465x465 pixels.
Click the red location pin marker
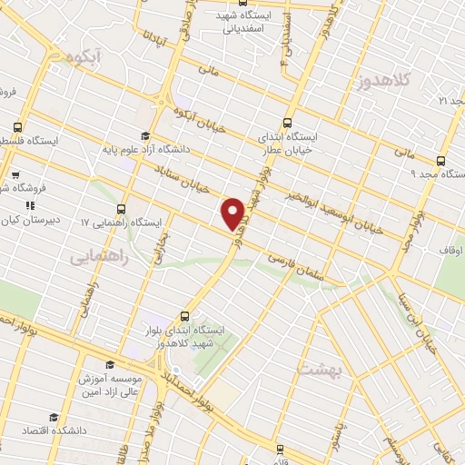[x=232, y=213]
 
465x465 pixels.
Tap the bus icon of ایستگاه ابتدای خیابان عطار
[x=288, y=123]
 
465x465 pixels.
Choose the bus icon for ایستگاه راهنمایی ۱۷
[x=123, y=208]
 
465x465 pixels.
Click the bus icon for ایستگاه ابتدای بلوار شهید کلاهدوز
[x=185, y=316]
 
